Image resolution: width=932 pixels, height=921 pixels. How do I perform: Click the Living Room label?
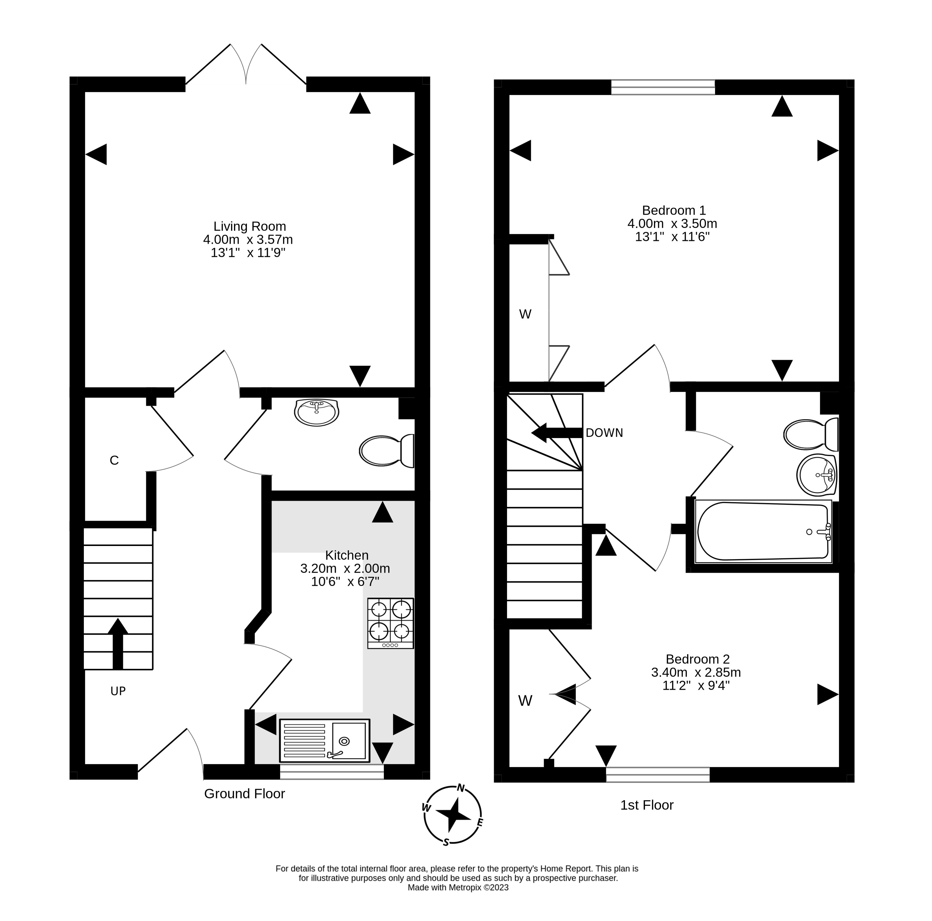249,226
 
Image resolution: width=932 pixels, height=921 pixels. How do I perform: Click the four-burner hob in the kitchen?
390,623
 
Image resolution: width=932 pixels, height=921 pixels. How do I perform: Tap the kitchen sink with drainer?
324,741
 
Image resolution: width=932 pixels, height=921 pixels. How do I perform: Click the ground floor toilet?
387,450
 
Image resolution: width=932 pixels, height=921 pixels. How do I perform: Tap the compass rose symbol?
453,815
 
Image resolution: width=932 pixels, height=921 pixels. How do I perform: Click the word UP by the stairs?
118,691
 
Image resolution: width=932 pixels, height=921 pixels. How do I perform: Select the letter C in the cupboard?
114,460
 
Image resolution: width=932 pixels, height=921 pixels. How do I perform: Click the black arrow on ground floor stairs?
118,644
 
